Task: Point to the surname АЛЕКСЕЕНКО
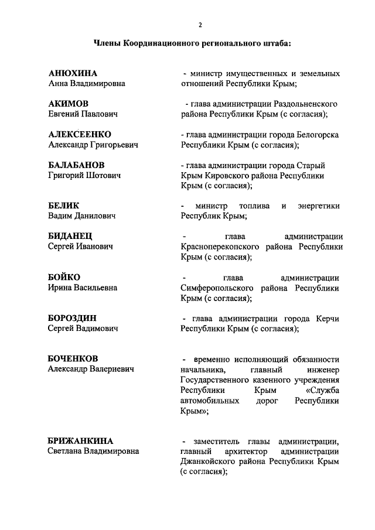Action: pos(80,134)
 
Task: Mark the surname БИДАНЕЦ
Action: pos(70,236)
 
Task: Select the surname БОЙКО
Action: pos(64,277)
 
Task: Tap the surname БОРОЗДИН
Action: pos(72,318)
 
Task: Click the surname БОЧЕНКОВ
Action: pos(73,358)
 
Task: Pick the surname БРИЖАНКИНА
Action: pos(80,440)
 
